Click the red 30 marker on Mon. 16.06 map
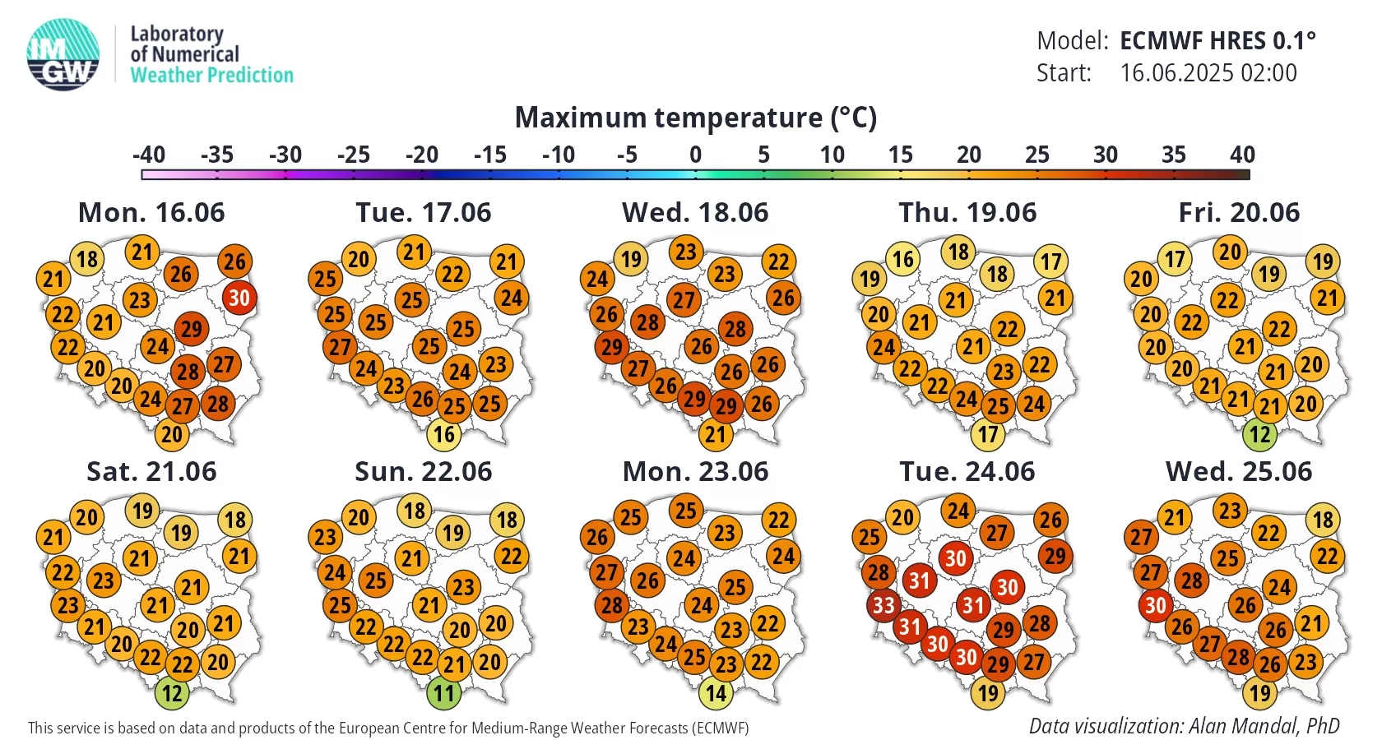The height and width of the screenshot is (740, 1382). point(239,298)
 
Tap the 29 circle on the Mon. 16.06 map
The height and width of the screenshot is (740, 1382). point(191,329)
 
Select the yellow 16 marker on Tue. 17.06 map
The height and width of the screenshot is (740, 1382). point(443,435)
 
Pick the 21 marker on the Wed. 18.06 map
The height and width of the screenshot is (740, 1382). point(716,435)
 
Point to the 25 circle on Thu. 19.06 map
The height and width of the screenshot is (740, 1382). point(998,406)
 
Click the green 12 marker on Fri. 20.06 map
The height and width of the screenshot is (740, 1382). point(1260,435)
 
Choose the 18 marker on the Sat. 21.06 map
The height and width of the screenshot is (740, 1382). point(235,520)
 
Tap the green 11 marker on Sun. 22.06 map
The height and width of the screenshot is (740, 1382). point(443,693)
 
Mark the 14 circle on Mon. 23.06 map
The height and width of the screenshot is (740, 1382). point(716,693)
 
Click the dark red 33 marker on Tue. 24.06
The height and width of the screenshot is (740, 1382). point(883,605)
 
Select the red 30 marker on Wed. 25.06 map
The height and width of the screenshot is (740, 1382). point(1156,605)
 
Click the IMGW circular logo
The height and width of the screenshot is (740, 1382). point(63,54)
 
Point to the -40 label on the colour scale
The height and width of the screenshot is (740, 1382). point(149,155)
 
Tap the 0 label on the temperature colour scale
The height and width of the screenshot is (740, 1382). point(695,155)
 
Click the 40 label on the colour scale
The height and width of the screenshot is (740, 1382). point(1242,155)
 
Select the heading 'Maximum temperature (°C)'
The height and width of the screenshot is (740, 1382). point(695,117)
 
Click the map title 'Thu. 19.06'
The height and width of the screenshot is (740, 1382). point(967,213)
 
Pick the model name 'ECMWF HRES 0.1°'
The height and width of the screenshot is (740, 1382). point(1217,41)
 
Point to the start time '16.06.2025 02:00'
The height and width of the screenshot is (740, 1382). point(1208,72)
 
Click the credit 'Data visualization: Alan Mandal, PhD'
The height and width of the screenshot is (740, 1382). point(1185,726)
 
